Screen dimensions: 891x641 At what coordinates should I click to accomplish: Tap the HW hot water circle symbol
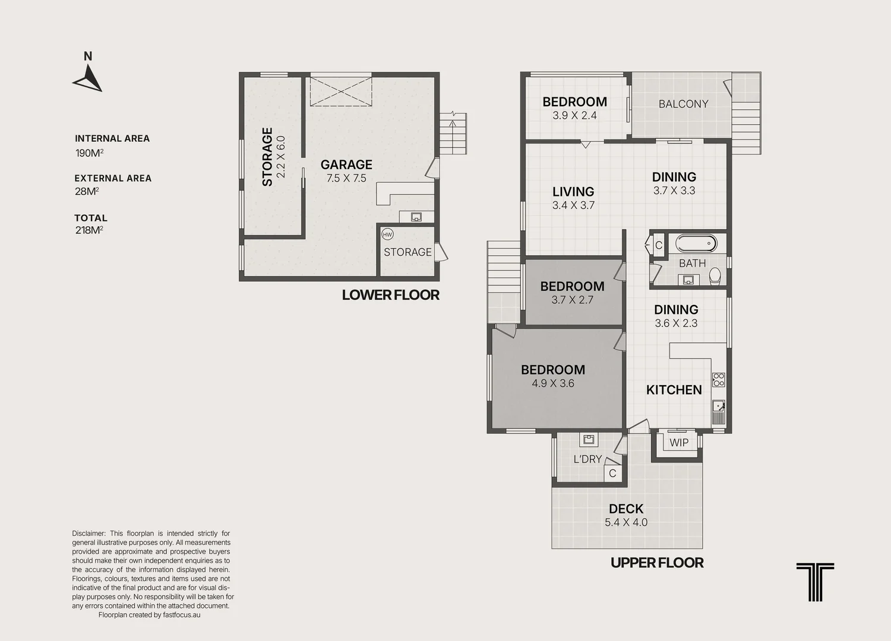click(x=387, y=234)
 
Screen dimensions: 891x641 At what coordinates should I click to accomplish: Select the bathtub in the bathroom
click(x=696, y=243)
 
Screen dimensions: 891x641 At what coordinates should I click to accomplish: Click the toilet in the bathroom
click(x=715, y=276)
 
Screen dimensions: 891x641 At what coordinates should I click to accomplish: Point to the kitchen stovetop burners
click(x=718, y=379)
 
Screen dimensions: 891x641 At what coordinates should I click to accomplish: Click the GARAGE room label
click(x=346, y=164)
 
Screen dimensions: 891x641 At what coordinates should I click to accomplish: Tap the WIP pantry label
click(x=679, y=443)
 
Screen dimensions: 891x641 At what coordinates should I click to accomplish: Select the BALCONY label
click(x=683, y=104)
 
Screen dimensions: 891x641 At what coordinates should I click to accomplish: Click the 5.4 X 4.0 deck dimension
click(x=626, y=522)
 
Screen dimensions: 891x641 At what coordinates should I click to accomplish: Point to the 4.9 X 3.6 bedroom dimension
click(x=553, y=383)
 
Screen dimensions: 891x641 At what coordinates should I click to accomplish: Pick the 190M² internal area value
click(x=90, y=153)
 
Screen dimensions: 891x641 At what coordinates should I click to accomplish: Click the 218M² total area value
click(x=89, y=230)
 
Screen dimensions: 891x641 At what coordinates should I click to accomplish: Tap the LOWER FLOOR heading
click(x=391, y=295)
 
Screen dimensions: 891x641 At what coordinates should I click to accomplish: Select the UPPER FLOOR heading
click(x=657, y=563)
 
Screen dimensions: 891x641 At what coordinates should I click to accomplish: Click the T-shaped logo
click(x=815, y=582)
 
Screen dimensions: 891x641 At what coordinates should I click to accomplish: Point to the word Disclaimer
click(x=89, y=534)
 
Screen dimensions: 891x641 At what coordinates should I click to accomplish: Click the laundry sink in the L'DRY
click(x=589, y=439)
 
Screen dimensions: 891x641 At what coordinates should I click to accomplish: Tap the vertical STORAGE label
click(x=267, y=157)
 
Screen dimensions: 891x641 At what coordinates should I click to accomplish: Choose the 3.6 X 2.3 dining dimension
click(x=676, y=323)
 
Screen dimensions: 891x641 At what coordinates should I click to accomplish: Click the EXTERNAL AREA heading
click(x=113, y=178)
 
